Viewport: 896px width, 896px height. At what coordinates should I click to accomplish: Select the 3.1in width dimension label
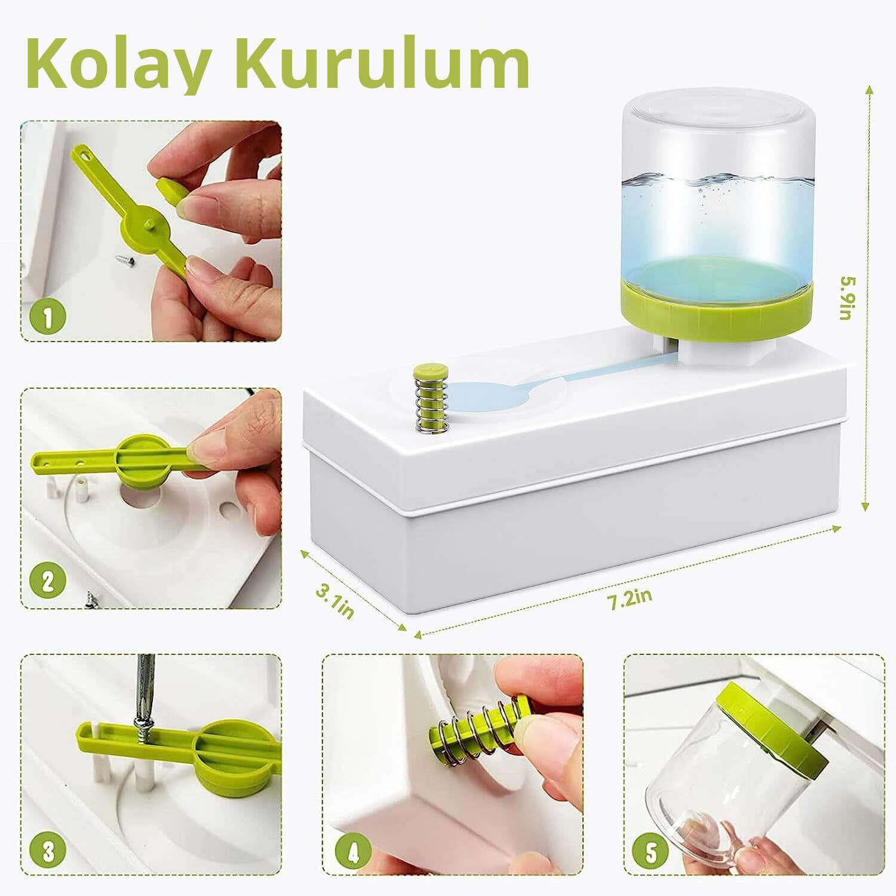click(336, 600)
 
